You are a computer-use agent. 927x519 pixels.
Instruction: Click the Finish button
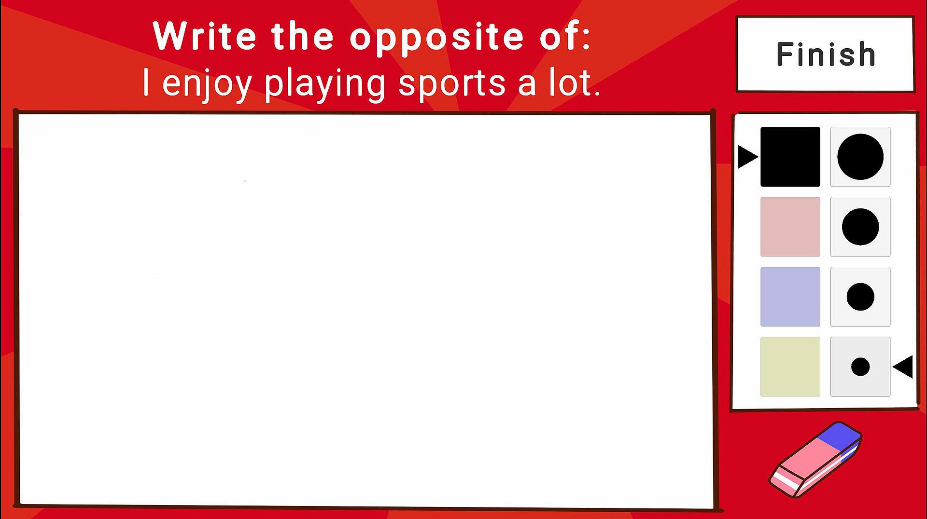coord(825,54)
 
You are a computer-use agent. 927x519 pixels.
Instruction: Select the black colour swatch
coord(790,157)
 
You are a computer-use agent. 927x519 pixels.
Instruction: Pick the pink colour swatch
coord(790,227)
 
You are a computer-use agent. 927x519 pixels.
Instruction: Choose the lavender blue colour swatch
coord(790,297)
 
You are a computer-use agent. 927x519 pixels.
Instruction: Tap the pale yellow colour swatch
coord(790,367)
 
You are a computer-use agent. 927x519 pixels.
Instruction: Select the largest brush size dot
coord(860,157)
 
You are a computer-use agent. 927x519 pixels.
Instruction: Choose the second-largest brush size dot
coord(860,227)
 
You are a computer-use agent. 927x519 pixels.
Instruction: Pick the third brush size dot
coord(860,297)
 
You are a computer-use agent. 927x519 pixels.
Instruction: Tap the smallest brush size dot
coord(860,367)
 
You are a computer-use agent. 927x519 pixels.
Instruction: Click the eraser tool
coord(815,460)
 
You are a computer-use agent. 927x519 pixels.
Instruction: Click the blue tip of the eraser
coord(841,434)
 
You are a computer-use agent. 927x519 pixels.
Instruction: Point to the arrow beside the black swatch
coord(748,157)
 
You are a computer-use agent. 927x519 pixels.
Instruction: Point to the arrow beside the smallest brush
coord(903,367)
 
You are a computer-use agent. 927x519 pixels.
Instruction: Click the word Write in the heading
coord(204,36)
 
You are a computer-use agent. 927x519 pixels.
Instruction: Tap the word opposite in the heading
coord(436,38)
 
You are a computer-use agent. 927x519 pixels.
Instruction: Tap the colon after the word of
coord(586,38)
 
